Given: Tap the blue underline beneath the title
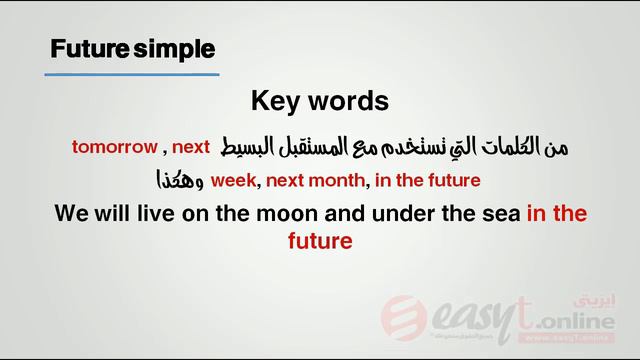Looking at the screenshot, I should [x=133, y=74].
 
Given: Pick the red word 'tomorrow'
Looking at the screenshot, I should [x=114, y=147].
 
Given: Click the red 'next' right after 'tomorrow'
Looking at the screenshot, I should [x=190, y=147].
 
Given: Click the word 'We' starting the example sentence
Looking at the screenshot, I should [x=70, y=213].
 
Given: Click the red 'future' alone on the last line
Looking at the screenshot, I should [x=320, y=241].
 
